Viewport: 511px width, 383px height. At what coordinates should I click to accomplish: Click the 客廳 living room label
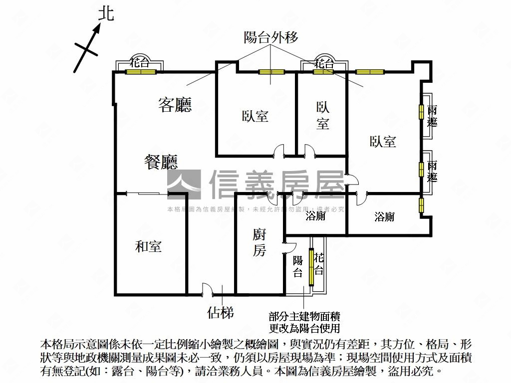pos(175,105)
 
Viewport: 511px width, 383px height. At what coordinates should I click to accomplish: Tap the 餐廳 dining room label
pos(161,162)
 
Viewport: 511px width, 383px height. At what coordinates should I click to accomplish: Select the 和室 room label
pos(148,246)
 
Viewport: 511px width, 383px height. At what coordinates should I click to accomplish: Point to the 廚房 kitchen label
pos(259,242)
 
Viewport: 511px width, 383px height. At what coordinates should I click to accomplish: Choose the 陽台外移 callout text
pos(271,37)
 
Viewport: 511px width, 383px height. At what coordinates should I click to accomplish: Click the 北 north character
pos(106,13)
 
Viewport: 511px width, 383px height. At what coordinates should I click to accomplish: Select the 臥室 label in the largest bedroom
pos(383,142)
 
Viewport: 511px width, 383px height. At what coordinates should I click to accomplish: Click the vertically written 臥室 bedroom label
pos(322,116)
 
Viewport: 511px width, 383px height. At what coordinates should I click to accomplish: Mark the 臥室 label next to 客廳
pos(255,116)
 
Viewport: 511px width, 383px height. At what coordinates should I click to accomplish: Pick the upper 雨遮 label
pos(432,116)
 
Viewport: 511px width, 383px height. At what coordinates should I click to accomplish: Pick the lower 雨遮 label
pos(432,171)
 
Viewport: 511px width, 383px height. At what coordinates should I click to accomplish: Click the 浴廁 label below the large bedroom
pos(384,216)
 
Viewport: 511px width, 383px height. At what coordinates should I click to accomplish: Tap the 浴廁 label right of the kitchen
pos(315,216)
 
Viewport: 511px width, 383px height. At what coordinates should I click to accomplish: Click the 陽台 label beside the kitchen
pos(298,266)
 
